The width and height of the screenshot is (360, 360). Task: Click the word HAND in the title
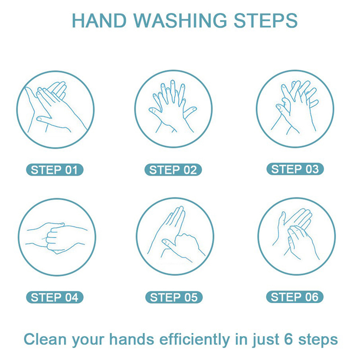(x=99, y=21)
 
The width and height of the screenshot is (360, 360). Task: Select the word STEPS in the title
(x=265, y=21)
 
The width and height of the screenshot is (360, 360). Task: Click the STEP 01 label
(x=54, y=170)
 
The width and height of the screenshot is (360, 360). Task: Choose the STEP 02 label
(x=173, y=170)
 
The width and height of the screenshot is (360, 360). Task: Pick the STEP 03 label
(x=295, y=169)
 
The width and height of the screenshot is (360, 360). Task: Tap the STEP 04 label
(x=54, y=297)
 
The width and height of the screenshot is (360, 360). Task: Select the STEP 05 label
(x=174, y=297)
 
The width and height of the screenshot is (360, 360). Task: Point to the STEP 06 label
(x=295, y=297)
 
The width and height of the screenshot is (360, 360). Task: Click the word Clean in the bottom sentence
(x=45, y=339)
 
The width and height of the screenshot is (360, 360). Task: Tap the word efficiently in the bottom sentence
(x=194, y=340)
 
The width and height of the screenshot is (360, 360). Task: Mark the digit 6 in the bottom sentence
(x=288, y=339)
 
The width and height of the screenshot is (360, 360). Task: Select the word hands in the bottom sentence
(x=131, y=339)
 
